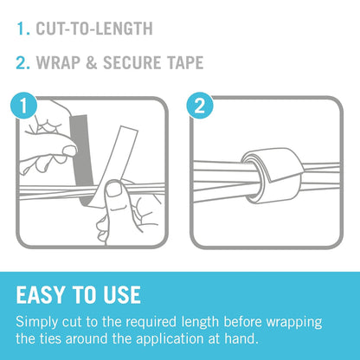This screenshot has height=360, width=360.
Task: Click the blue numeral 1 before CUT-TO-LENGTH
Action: (22, 29)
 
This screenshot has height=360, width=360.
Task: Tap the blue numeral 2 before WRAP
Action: (22, 62)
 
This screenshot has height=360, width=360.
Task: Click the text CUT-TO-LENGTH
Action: (94, 29)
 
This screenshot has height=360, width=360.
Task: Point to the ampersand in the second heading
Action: (92, 62)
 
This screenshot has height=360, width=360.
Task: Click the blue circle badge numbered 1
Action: (24, 106)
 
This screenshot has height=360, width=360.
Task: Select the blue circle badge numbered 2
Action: (200, 106)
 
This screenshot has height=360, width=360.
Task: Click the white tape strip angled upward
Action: (114, 166)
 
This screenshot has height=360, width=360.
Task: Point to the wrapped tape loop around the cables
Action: (271, 176)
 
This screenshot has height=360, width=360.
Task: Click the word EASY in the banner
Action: (41, 295)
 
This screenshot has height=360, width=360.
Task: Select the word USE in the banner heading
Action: (122, 295)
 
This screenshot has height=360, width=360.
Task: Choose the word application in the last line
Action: (170, 339)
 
